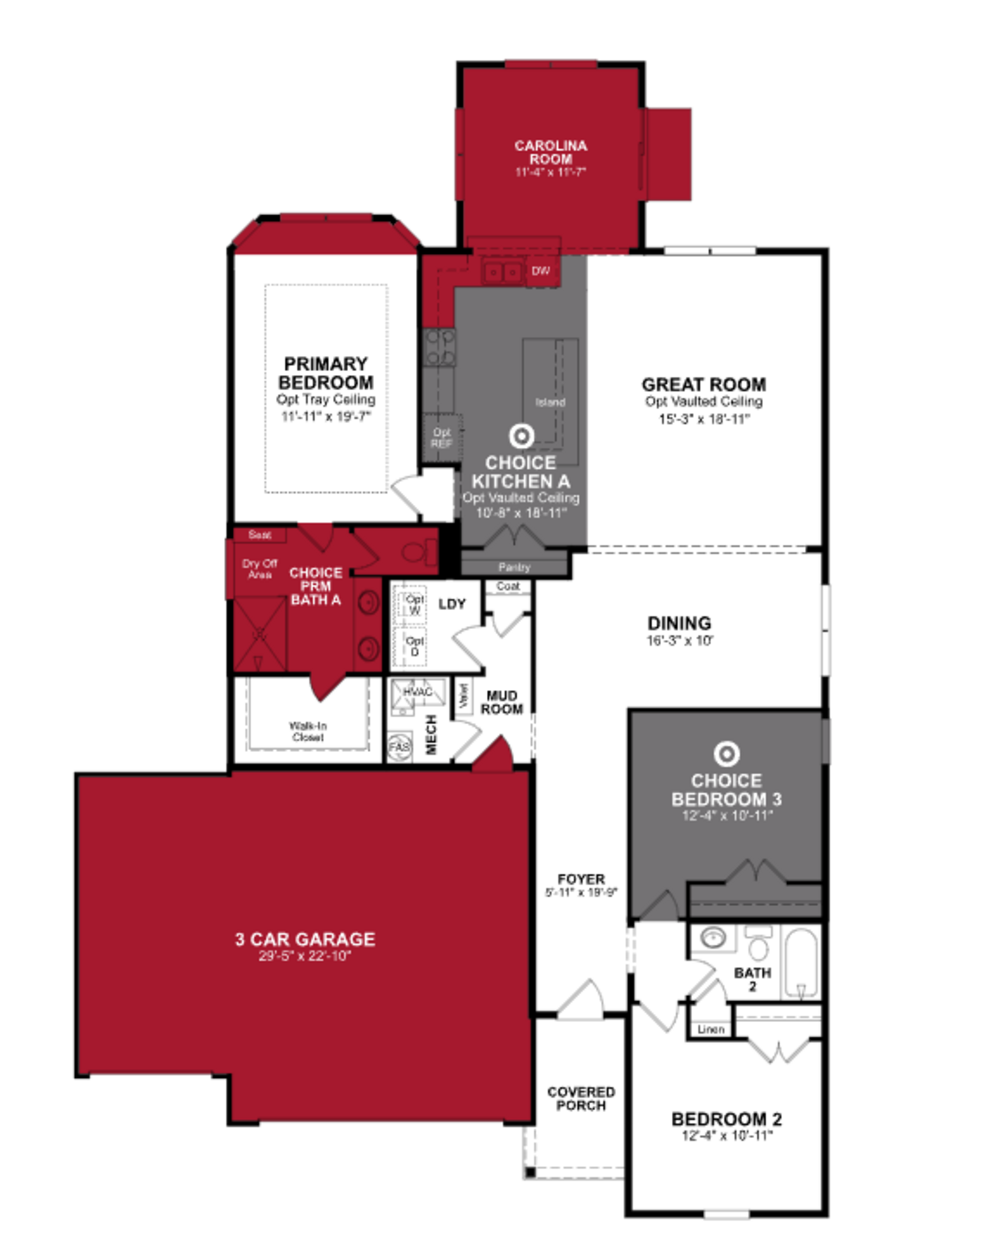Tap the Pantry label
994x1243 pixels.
tap(514, 567)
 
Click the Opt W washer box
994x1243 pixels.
tap(413, 604)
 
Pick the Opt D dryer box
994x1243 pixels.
tap(413, 646)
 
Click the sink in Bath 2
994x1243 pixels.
tap(713, 938)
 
